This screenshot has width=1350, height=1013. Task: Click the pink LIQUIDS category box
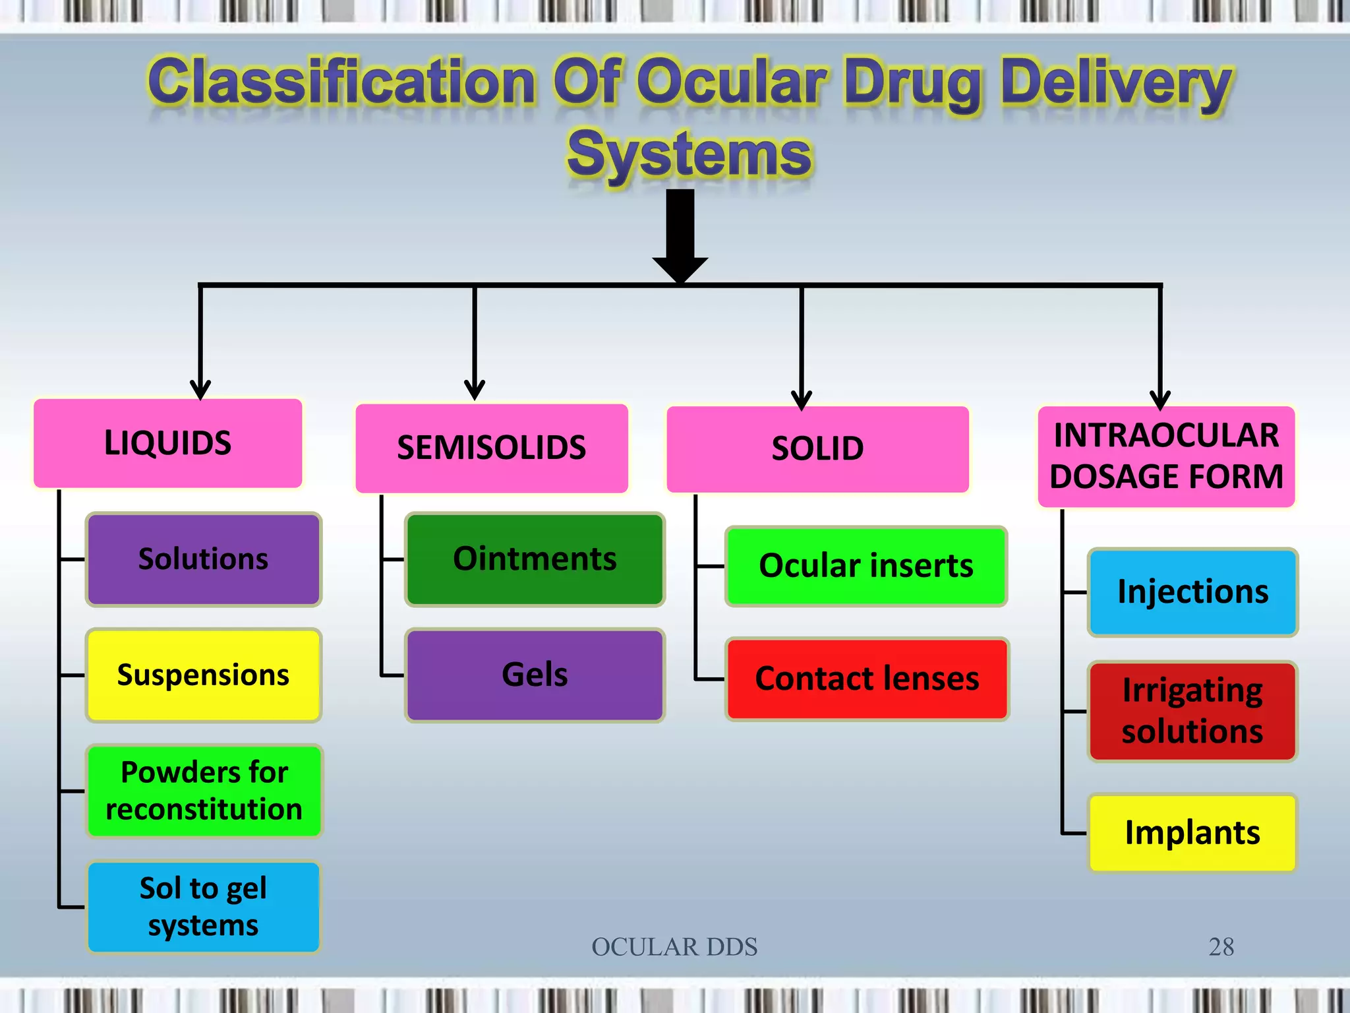coord(168,443)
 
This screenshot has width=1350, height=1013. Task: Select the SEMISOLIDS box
coord(491,448)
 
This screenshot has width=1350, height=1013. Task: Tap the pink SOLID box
coord(817,449)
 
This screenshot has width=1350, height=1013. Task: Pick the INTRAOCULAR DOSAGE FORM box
coord(1166,456)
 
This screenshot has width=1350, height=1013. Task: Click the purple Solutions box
coord(203,559)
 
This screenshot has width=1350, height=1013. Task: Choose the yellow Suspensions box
coord(203,675)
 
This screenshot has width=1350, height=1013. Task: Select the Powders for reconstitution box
coord(203,791)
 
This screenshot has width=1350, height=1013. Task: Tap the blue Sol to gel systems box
coord(203,907)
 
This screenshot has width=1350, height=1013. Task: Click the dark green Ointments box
coord(535,559)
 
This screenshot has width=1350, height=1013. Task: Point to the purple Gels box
coord(535,675)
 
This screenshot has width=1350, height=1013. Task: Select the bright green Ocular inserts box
coord(866,566)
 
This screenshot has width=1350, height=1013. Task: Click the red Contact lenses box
coord(867,679)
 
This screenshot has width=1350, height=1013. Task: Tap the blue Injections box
coord(1192,592)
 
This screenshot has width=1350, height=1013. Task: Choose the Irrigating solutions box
coord(1192,711)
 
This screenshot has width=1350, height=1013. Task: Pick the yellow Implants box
coord(1192,832)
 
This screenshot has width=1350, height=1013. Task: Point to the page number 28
coord(1221,947)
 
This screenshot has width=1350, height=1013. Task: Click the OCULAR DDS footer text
coord(674,947)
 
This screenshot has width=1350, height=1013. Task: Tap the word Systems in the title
coord(690,154)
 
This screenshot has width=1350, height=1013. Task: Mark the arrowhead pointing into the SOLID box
coord(802,400)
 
